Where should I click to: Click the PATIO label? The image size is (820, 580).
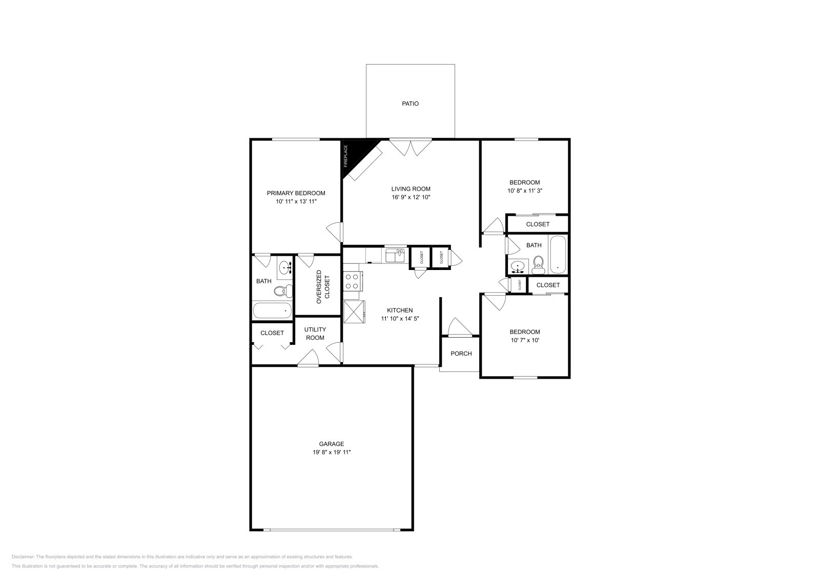[x=410, y=103]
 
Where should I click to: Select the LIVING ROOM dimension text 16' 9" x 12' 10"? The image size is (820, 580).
[x=411, y=197]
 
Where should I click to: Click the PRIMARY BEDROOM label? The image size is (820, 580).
[x=296, y=193]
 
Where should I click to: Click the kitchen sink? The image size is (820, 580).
[x=395, y=255]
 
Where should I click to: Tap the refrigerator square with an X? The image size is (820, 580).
[x=354, y=312]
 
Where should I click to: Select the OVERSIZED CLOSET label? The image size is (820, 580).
[x=323, y=287]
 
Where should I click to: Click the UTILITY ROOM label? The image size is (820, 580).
[x=315, y=334]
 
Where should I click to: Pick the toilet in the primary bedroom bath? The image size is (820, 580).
[x=281, y=291]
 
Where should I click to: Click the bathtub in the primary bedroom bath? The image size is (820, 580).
[x=272, y=310]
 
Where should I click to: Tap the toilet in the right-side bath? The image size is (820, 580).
[x=538, y=264]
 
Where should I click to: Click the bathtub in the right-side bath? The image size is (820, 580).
[x=557, y=255]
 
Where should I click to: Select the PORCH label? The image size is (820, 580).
[x=461, y=354]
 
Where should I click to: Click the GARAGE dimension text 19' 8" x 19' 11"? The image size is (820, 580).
[x=332, y=452]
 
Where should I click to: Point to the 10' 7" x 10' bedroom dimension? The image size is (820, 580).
[x=525, y=340]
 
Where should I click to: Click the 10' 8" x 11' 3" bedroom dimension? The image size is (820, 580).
[x=525, y=191]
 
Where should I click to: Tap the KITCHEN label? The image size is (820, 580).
[x=400, y=310]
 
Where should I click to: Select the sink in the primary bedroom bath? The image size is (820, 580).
[x=285, y=266]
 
